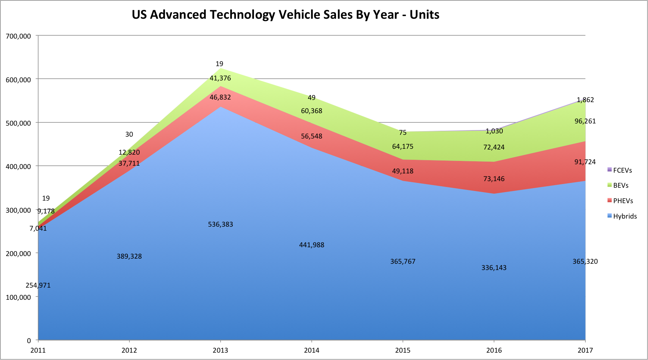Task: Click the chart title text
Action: pos(285,15)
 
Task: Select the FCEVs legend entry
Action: pos(622,170)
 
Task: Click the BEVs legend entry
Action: pos(620,186)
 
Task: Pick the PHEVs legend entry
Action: pos(623,201)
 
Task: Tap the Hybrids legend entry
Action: pos(624,216)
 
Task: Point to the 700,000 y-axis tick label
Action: pos(18,36)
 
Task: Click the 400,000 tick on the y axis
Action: pos(18,166)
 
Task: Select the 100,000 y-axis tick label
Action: pos(18,297)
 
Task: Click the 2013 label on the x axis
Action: pos(220,350)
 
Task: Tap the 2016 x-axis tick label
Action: pos(494,350)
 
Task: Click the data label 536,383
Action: pos(221,224)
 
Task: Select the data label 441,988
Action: pos(312,245)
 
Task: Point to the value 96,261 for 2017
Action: pos(585,121)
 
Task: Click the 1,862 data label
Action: pos(585,100)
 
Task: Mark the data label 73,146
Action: pos(494,179)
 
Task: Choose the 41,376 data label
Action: pos(220,78)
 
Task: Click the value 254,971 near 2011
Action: pos(38,285)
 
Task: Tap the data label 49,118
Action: pos(403,171)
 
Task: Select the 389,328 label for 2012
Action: pos(129,256)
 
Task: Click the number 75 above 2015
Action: pos(403,133)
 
